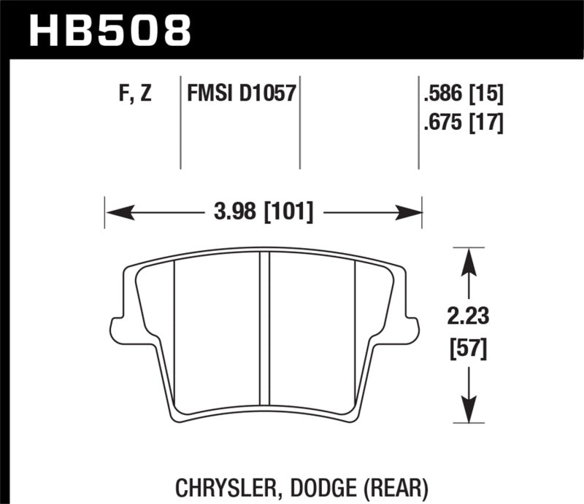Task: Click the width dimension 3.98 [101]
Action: tap(264, 212)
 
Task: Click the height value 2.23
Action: tap(468, 317)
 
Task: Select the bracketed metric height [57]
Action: tap(468, 349)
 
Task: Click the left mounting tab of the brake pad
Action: tap(116, 329)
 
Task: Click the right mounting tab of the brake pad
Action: tap(412, 329)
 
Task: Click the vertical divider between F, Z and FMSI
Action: tap(180, 120)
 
